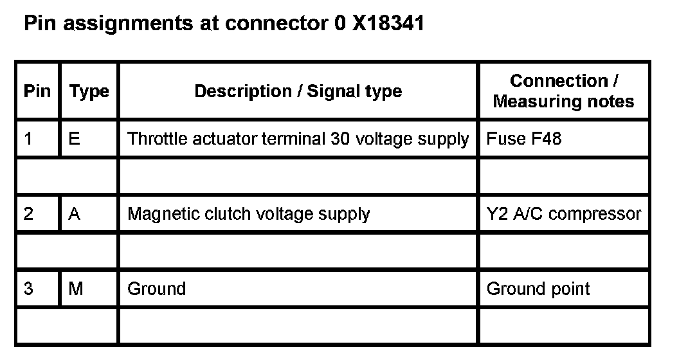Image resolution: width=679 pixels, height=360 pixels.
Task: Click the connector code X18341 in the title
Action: pyautogui.click(x=388, y=25)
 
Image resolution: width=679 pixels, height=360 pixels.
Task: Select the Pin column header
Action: pyautogui.click(x=37, y=91)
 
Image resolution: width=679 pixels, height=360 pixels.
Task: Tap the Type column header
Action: pyautogui.click(x=89, y=91)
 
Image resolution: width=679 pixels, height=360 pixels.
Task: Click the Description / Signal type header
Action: pyautogui.click(x=298, y=91)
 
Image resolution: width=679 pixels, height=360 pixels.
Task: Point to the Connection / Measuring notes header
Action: pyautogui.click(x=563, y=91)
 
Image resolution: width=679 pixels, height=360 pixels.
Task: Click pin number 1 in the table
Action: pyautogui.click(x=28, y=138)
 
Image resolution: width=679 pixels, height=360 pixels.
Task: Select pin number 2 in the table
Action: pyautogui.click(x=28, y=213)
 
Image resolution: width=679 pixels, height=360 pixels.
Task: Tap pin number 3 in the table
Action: pyautogui.click(x=28, y=289)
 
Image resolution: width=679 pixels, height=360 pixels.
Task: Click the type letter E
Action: pyautogui.click(x=74, y=138)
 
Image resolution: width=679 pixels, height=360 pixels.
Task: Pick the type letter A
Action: pyautogui.click(x=74, y=213)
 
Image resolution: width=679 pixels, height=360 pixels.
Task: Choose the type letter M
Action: pyautogui.click(x=76, y=289)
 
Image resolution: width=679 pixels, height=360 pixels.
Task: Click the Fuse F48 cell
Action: pyautogui.click(x=524, y=138)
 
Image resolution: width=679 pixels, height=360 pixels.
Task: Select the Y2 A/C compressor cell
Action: pyautogui.click(x=563, y=213)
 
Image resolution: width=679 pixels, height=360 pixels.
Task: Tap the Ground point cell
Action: pyautogui.click(x=538, y=289)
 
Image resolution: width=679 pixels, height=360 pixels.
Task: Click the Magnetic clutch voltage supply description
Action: pyautogui.click(x=248, y=213)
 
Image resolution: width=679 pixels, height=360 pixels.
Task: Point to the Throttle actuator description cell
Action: pyautogui.click(x=298, y=138)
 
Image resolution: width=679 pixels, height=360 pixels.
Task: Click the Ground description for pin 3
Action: pyautogui.click(x=156, y=289)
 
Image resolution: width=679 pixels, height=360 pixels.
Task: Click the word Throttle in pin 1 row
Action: pyautogui.click(x=154, y=138)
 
